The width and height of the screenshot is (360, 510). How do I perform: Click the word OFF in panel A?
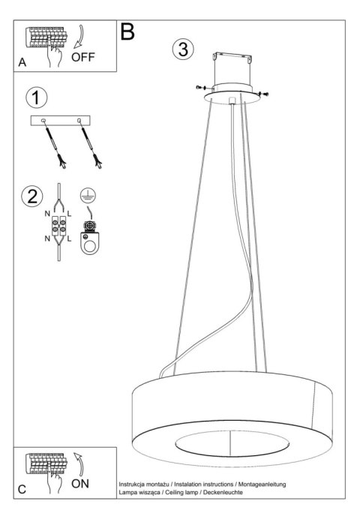click(83, 57)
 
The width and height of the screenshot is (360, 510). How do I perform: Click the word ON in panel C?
click(80, 484)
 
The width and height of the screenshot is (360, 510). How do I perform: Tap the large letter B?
click(127, 31)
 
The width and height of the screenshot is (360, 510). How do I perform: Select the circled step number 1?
click(37, 97)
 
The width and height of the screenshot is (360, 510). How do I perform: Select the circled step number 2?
click(32, 196)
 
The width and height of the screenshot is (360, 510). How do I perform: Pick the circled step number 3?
click(183, 49)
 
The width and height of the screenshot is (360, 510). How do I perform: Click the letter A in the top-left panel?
click(22, 62)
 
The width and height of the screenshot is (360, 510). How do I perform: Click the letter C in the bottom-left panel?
click(22, 490)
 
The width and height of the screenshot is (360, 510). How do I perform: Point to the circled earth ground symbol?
click(88, 195)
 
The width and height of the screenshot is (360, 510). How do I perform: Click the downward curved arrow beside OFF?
click(79, 36)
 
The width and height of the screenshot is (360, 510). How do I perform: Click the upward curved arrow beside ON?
click(79, 463)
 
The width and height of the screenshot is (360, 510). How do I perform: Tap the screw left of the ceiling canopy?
click(200, 87)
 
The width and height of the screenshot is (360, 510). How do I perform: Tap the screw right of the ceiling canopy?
click(263, 94)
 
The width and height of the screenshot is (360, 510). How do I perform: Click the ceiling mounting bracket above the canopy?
click(232, 57)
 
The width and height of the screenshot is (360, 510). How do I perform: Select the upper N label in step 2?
click(47, 214)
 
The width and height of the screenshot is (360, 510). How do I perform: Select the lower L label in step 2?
click(69, 238)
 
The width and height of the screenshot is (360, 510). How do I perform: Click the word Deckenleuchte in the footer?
click(223, 492)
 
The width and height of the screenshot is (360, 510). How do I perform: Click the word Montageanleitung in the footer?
click(262, 484)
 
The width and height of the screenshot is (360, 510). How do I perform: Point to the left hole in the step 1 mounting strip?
click(43, 121)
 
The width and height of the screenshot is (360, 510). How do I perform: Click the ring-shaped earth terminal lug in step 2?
click(89, 243)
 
